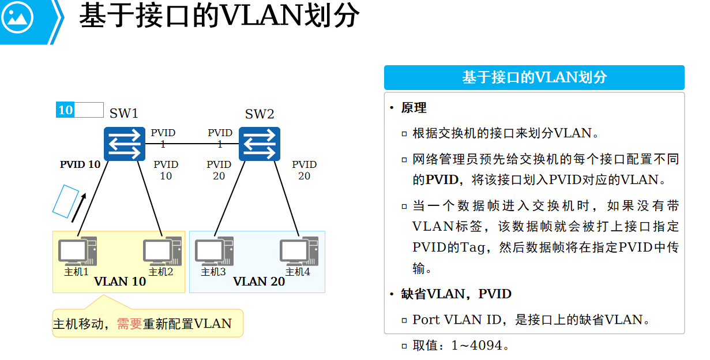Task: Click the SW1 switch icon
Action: [125, 144]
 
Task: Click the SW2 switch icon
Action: [260, 144]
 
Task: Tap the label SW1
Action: [124, 114]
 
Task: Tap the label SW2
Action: [260, 114]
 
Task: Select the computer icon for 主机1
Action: [77, 252]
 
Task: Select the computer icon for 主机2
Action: [161, 252]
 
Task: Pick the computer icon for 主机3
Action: [213, 252]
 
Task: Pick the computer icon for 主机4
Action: [298, 252]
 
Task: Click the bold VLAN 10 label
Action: [120, 282]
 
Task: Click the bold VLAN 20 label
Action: [259, 282]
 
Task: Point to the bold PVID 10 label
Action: [80, 164]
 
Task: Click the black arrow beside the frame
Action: [79, 208]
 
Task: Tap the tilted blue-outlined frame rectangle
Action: [66, 201]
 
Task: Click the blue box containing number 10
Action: [66, 110]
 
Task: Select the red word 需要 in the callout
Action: [129, 324]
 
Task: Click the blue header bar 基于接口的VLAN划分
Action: [534, 78]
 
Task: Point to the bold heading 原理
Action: [414, 108]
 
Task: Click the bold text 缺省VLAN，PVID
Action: [456, 294]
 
